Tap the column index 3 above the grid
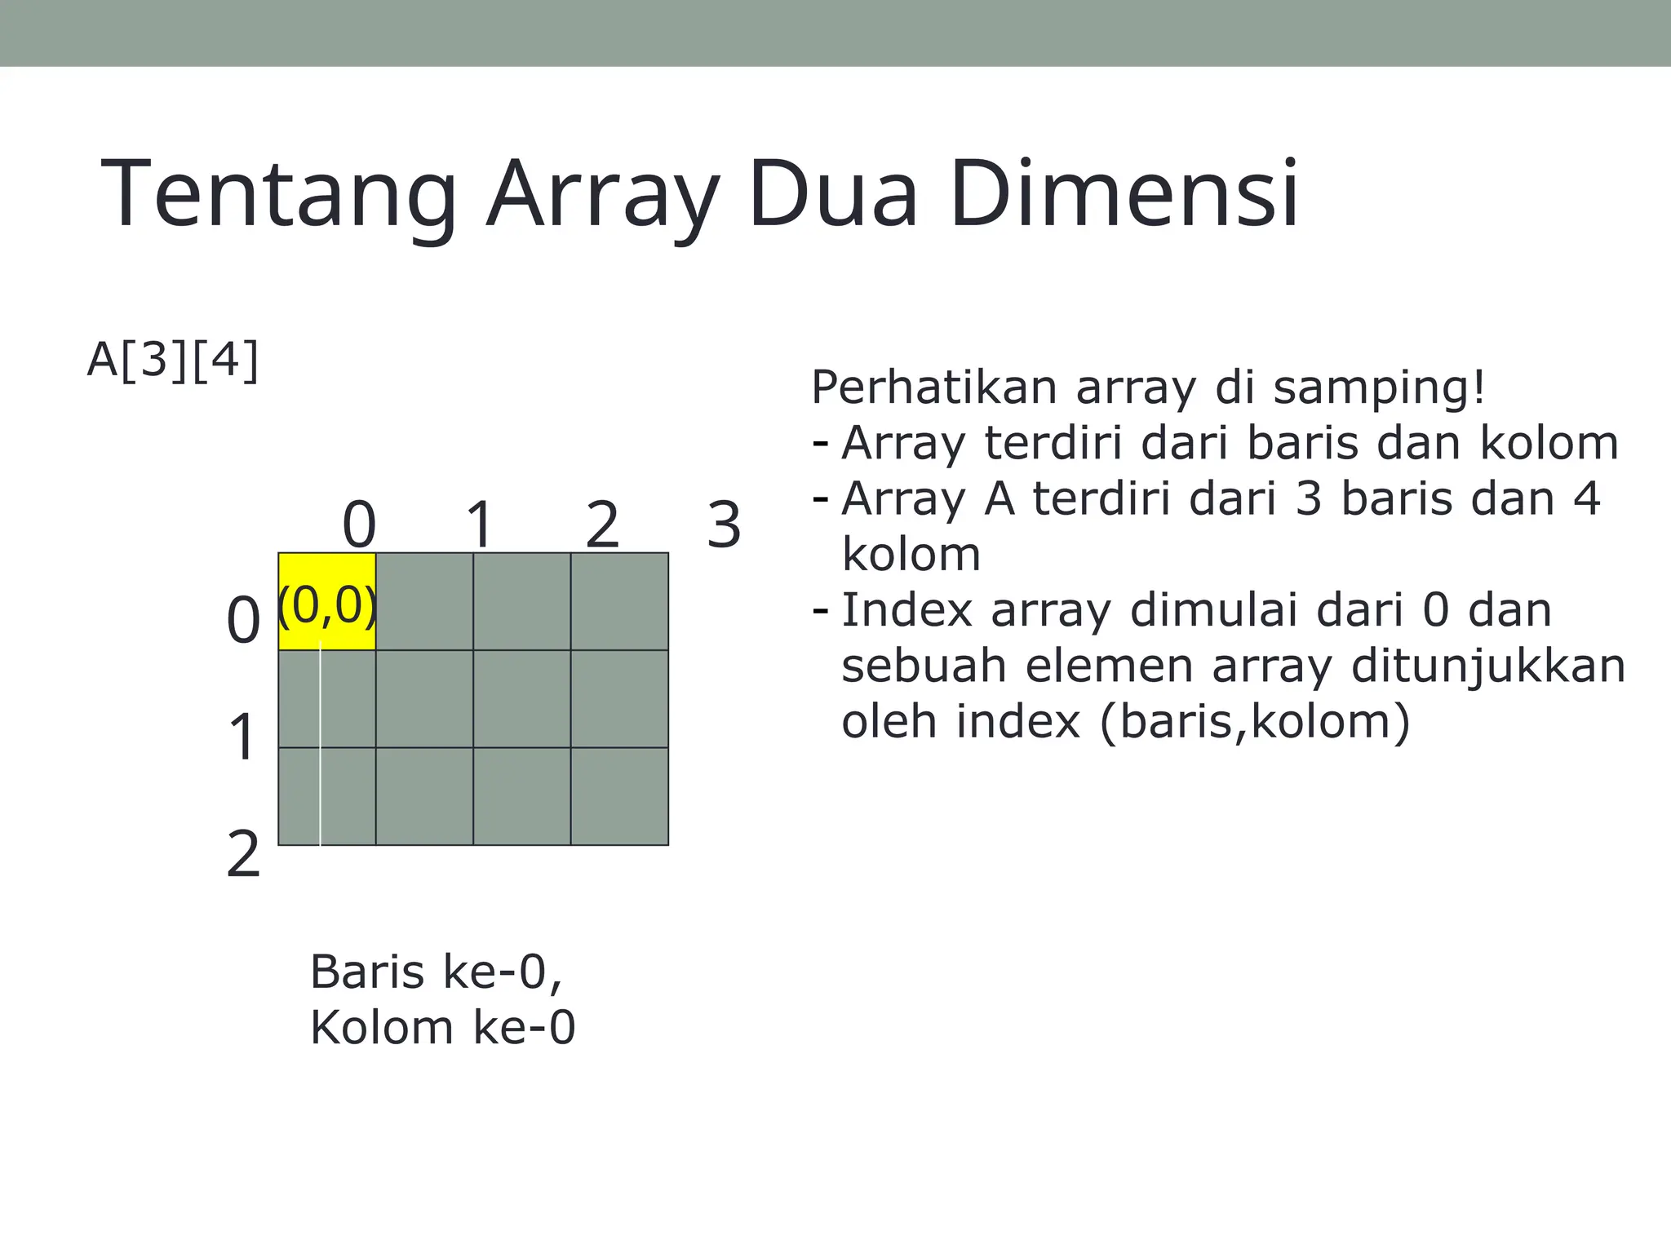coord(724,525)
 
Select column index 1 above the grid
coord(480,525)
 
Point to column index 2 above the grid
coord(602,525)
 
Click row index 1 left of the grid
coord(242,737)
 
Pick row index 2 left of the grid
coord(242,854)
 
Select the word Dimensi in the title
coord(1124,194)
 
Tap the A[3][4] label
coord(173,360)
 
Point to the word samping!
coord(1380,388)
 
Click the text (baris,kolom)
coord(1255,722)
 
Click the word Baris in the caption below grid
coord(368,972)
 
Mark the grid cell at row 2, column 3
coord(619,796)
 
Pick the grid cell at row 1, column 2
coord(522,699)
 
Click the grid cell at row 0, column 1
coord(424,602)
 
